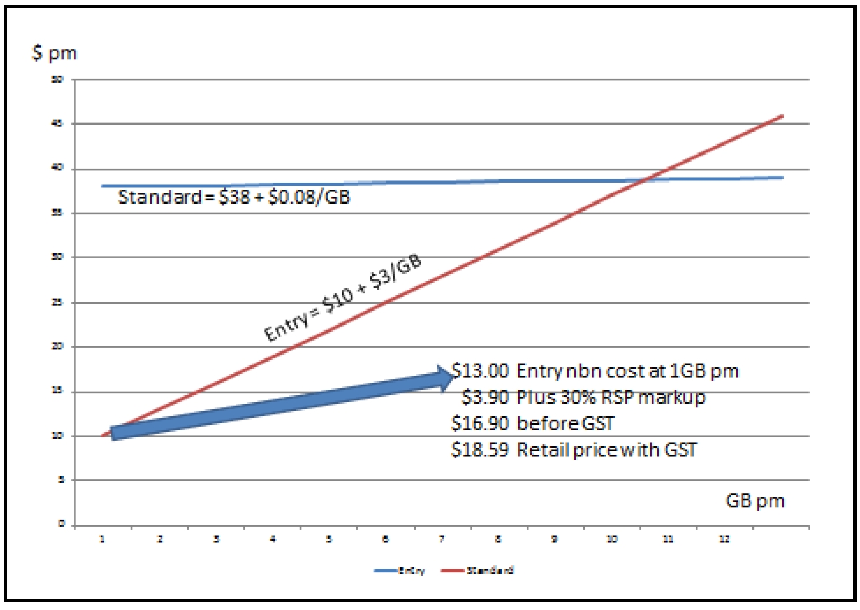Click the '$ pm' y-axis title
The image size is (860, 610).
(54, 55)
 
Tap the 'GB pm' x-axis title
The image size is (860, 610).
(755, 501)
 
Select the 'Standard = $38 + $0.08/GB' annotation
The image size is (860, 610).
(234, 197)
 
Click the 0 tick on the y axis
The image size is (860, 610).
(61, 524)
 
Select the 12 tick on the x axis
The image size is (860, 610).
(724, 539)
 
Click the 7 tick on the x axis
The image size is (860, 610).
(442, 539)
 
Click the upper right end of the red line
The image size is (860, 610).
(783, 115)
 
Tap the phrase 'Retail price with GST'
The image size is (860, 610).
(606, 450)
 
